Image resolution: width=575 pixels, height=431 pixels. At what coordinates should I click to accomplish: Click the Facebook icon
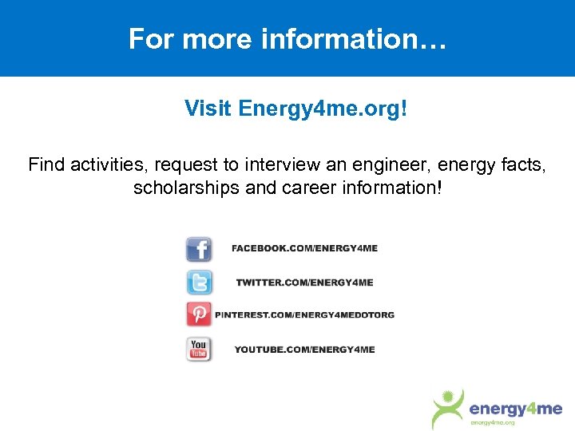click(x=199, y=249)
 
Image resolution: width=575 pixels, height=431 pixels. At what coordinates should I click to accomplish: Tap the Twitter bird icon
click(x=199, y=282)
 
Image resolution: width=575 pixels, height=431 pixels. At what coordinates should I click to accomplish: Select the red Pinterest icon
click(x=199, y=314)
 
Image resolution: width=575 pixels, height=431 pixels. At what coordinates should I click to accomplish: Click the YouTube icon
click(x=199, y=349)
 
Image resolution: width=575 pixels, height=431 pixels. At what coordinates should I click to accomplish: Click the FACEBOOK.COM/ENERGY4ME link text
click(x=304, y=248)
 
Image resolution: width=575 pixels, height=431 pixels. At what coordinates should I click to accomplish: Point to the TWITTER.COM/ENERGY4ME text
click(x=304, y=283)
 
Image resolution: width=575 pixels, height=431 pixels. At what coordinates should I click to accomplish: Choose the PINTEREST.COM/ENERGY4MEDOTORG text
click(x=304, y=314)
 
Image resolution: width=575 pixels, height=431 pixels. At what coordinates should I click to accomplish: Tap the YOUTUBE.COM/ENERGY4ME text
click(x=304, y=350)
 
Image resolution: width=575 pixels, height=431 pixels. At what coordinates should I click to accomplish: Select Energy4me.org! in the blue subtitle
click(x=323, y=108)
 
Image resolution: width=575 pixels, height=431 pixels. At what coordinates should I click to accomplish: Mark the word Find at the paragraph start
click(x=46, y=165)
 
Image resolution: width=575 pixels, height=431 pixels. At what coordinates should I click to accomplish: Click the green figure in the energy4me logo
click(x=447, y=408)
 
